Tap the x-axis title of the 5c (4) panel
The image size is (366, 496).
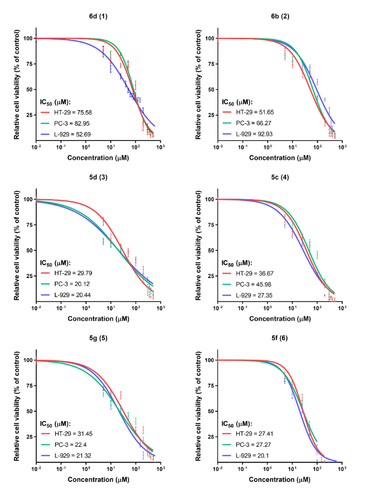coord(280,318)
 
